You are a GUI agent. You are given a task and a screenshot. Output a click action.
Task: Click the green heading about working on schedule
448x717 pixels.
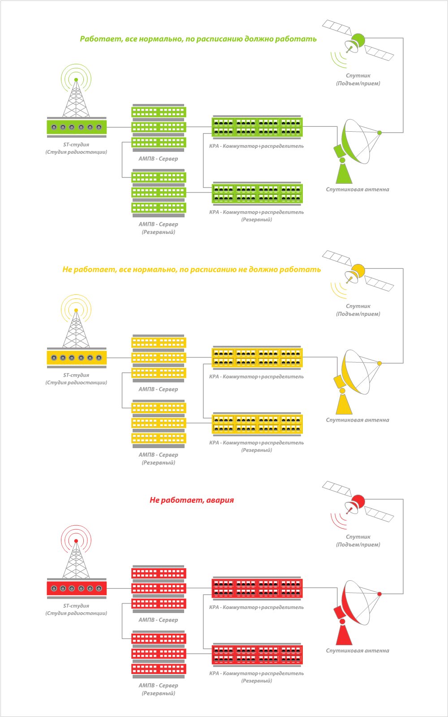click(x=198, y=39)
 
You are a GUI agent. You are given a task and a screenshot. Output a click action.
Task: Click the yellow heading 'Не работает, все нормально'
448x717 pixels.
click(x=191, y=269)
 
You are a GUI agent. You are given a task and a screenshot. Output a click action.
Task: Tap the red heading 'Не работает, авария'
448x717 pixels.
click(x=192, y=500)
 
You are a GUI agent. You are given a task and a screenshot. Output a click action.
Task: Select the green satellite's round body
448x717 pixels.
click(x=358, y=40)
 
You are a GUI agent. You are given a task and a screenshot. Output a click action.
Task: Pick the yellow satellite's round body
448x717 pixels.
click(x=358, y=271)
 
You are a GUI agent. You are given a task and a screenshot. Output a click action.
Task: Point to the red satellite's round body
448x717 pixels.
click(x=358, y=501)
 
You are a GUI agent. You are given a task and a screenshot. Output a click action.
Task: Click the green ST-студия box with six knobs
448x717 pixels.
click(x=77, y=127)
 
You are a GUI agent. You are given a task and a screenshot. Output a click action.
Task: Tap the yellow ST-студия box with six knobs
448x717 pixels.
click(x=77, y=358)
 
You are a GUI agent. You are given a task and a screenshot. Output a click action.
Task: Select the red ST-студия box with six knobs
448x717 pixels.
click(x=77, y=588)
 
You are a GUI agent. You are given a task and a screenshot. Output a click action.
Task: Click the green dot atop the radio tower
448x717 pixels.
click(x=76, y=80)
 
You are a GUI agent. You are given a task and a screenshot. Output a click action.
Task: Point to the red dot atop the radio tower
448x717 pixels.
click(x=76, y=541)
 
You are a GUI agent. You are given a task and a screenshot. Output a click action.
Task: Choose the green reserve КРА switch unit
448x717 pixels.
click(x=257, y=193)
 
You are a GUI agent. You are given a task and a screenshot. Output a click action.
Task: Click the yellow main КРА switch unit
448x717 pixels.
click(x=257, y=358)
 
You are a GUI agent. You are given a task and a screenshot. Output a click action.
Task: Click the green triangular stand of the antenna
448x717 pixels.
click(x=344, y=174)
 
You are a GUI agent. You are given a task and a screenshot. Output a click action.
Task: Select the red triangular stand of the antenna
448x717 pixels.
click(x=344, y=635)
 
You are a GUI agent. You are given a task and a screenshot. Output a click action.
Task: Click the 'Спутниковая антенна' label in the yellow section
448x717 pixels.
click(x=358, y=420)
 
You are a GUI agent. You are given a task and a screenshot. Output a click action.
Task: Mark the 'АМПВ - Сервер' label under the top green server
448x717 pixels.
click(x=158, y=159)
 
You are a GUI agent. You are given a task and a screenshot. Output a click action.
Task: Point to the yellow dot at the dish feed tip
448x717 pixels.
click(x=379, y=363)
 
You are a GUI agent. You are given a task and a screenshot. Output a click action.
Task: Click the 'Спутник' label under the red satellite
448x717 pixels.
click(x=358, y=537)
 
